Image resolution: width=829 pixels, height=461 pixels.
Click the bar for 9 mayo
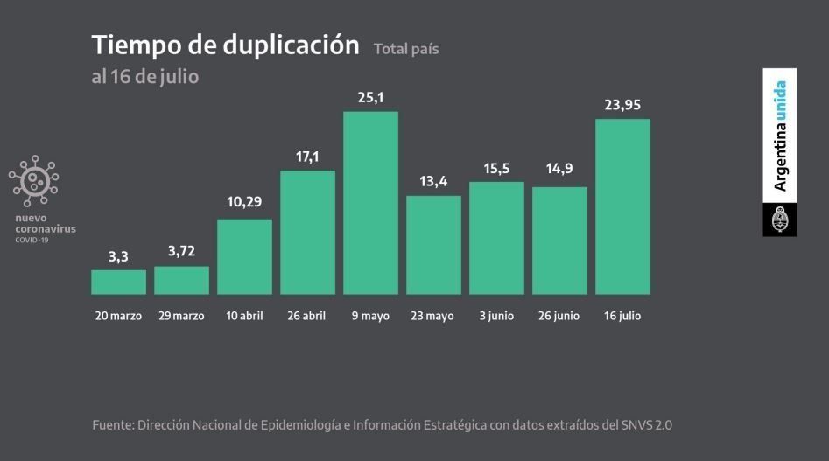tap(370, 203)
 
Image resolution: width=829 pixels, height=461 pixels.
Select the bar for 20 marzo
tap(118, 282)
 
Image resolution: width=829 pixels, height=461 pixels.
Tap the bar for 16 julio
tap(622, 206)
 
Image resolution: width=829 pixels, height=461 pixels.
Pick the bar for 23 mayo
tap(433, 245)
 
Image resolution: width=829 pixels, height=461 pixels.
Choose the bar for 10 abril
tap(244, 256)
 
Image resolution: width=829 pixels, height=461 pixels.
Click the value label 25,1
tap(370, 97)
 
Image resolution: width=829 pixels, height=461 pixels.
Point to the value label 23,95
tap(622, 105)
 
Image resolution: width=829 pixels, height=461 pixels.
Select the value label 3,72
tap(181, 252)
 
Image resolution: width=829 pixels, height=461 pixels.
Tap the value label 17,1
tap(307, 156)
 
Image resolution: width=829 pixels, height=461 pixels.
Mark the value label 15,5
tap(496, 167)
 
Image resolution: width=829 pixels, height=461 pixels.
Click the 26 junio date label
tap(559, 316)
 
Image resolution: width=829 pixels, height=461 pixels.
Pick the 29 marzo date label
tap(181, 316)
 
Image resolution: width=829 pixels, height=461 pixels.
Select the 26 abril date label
tap(307, 316)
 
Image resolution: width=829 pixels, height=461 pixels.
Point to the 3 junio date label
tap(496, 316)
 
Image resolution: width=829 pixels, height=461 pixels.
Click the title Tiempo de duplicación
tap(225, 45)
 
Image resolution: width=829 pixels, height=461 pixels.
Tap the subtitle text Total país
tap(406, 49)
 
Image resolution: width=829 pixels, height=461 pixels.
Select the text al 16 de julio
tap(144, 77)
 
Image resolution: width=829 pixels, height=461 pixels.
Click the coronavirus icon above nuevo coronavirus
tap(34, 181)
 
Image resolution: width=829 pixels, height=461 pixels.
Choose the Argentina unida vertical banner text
tap(779, 136)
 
